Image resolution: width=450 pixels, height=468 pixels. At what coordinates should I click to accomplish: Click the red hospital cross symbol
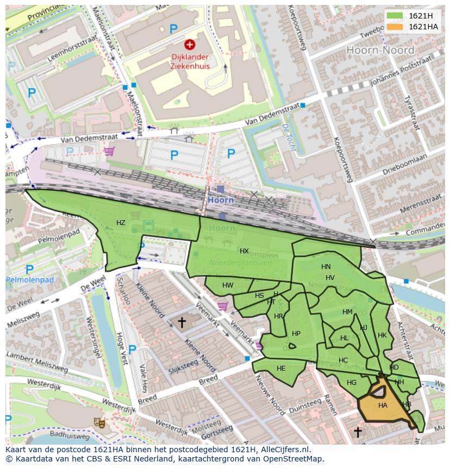tap(189, 45)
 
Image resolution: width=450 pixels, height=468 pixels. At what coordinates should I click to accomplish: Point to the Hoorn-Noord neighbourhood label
tap(380, 50)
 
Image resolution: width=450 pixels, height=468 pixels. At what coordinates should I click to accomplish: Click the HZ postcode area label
tap(121, 223)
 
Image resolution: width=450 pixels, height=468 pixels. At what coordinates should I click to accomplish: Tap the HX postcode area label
tap(244, 251)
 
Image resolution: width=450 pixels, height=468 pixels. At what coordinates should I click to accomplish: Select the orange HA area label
tap(383, 405)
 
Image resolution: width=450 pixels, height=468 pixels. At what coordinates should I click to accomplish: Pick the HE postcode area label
tap(281, 369)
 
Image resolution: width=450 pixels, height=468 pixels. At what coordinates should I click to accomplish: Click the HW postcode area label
tap(228, 285)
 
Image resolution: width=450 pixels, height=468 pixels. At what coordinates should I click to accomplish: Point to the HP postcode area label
tap(296, 334)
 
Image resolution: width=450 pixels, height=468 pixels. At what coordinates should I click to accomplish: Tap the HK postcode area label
tap(382, 335)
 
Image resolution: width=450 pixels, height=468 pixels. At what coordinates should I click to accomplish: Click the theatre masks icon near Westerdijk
tap(99, 422)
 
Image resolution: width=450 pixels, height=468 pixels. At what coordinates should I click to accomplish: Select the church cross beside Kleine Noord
tap(182, 322)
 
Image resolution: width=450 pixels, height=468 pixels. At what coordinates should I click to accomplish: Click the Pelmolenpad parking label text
tap(30, 280)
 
